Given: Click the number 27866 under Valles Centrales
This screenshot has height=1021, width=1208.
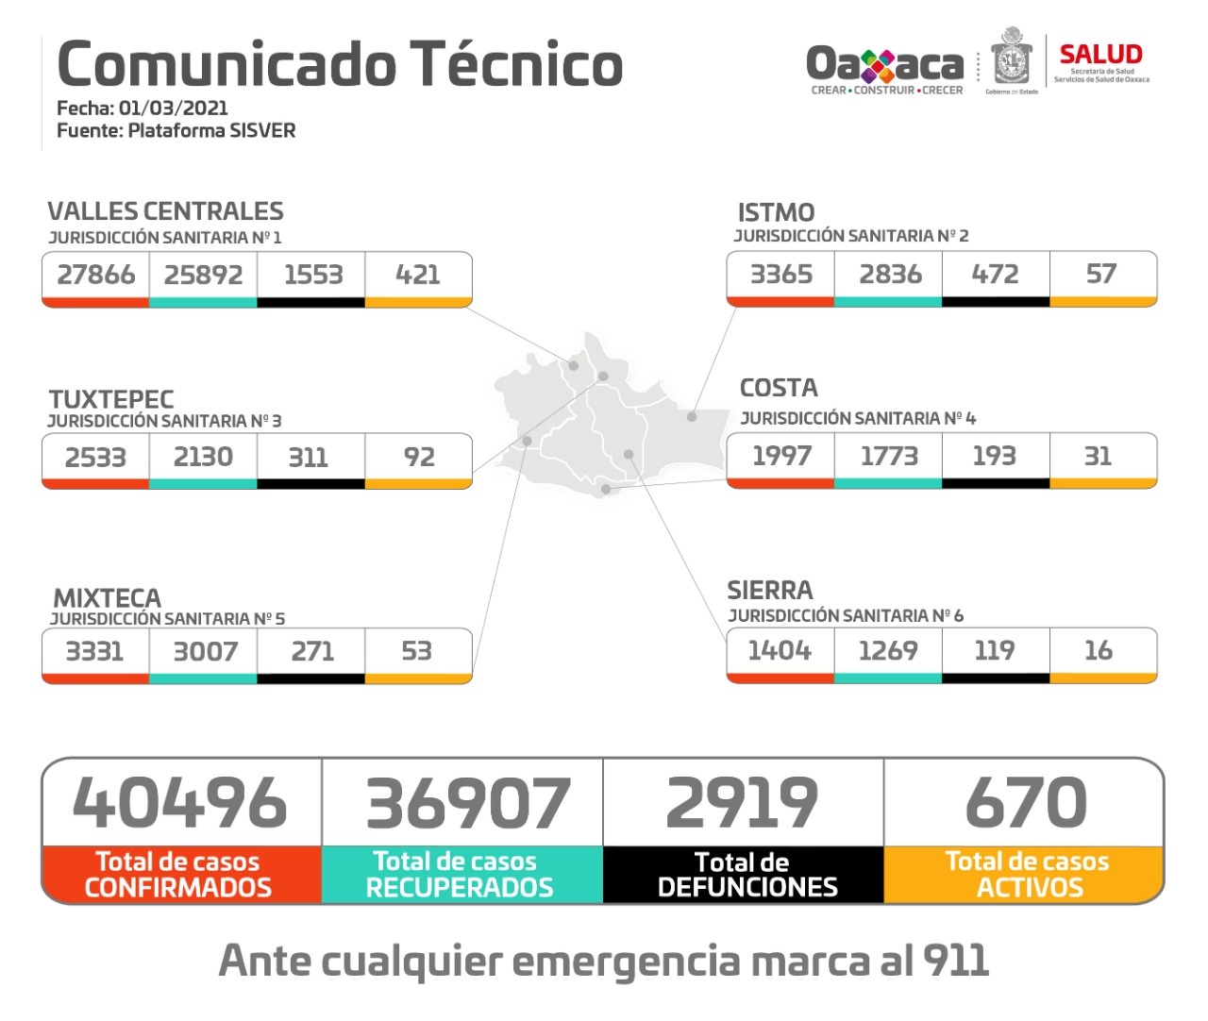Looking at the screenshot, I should point(95,275).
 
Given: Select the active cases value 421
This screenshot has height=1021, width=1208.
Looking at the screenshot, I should point(418,275).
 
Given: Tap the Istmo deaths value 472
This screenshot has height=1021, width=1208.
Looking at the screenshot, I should point(995,274).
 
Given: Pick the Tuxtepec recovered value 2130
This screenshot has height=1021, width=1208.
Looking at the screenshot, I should point(203,457).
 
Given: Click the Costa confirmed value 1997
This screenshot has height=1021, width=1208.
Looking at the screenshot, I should point(781,456).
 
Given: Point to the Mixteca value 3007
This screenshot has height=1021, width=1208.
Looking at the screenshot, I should point(205,651).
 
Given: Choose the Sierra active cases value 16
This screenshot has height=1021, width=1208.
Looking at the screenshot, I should point(1098,650).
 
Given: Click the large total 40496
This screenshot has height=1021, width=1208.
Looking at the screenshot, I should point(179,803).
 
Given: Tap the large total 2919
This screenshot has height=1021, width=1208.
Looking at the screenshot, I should point(742,803).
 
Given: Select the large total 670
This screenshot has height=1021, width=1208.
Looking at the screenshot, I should point(1026,803).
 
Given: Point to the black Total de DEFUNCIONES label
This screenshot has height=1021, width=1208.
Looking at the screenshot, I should point(747,875).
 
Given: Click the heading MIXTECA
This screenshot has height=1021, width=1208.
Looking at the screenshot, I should point(107,598).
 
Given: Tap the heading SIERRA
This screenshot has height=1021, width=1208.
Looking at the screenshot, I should point(769,591).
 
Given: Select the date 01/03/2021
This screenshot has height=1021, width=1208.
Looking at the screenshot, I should point(173,108).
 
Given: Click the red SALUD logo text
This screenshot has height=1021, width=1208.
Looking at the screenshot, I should point(1100,55).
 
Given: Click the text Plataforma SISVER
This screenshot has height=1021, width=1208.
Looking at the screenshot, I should point(211,130).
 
